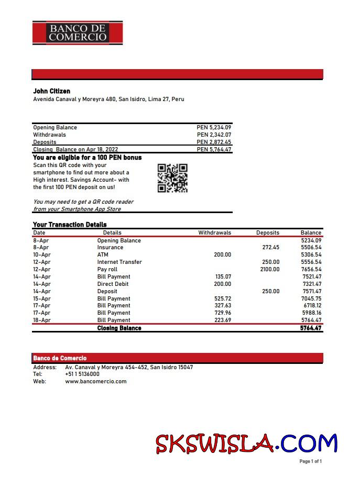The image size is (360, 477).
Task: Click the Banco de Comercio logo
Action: [x=78, y=32]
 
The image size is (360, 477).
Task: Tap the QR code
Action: [x=172, y=178]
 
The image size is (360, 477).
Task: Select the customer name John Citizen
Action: [x=51, y=91]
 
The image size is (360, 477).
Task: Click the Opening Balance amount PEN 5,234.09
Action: [x=214, y=127]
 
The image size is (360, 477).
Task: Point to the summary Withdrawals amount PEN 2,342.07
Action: [x=214, y=135]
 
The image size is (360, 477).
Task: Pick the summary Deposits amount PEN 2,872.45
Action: [x=214, y=142]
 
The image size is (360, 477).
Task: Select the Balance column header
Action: [x=311, y=232]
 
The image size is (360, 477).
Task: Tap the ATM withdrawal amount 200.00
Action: [x=222, y=254]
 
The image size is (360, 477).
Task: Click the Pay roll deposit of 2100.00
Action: [x=270, y=269]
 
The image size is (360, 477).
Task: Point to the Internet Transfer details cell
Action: [x=119, y=262]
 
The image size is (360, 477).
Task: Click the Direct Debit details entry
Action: [x=113, y=284]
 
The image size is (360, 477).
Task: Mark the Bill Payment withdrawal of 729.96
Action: [x=223, y=313]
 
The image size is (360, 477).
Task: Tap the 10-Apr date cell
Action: [x=41, y=254]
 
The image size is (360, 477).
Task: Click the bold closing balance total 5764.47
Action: [x=310, y=328]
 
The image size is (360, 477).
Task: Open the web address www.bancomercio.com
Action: [x=96, y=381]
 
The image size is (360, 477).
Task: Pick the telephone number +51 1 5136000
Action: [x=82, y=374]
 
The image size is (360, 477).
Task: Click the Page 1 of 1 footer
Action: [x=310, y=461]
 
